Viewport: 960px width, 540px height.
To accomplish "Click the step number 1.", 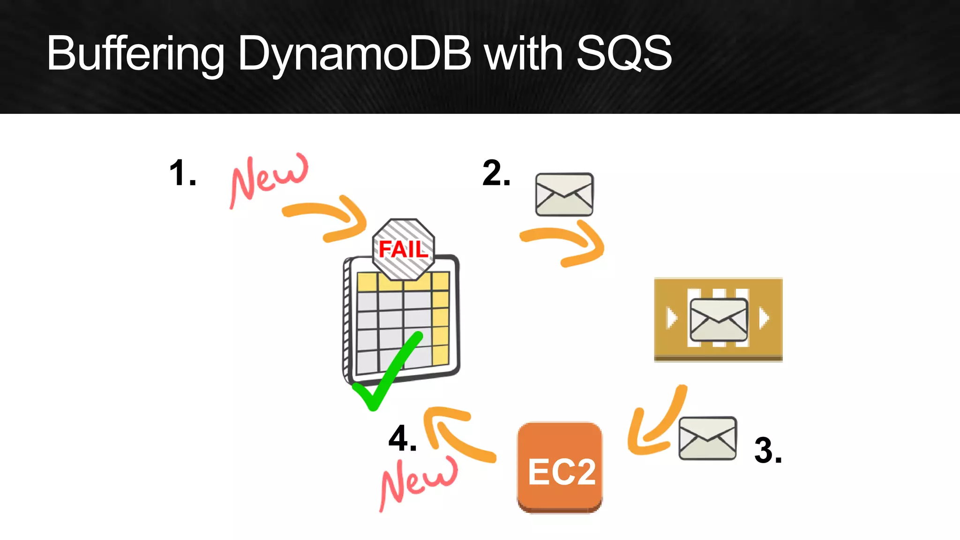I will click(182, 173).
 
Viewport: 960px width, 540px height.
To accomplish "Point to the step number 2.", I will click(496, 173).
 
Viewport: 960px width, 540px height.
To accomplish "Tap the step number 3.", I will click(768, 450).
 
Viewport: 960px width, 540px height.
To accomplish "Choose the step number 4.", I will click(402, 439).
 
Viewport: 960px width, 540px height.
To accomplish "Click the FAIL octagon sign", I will click(403, 248).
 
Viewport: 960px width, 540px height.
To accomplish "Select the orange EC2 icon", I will click(560, 467).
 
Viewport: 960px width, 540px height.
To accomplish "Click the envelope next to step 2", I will click(564, 195).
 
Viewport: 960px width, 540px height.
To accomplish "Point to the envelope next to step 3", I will click(707, 438).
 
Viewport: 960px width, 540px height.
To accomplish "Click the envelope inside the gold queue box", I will click(718, 319).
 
